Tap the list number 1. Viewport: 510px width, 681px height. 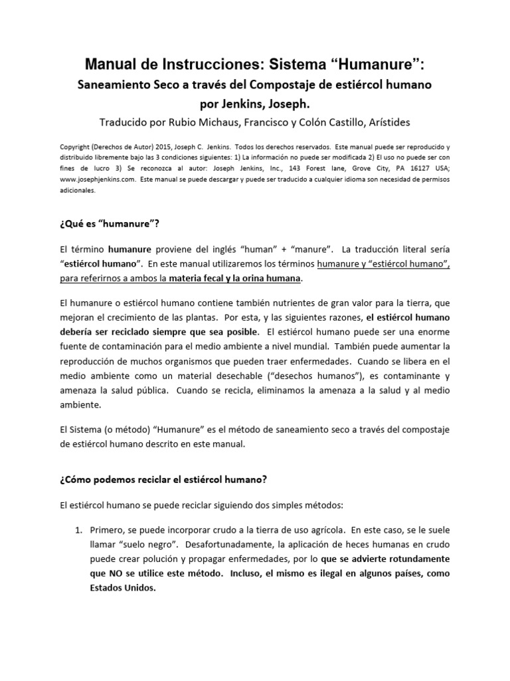pos(78,530)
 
